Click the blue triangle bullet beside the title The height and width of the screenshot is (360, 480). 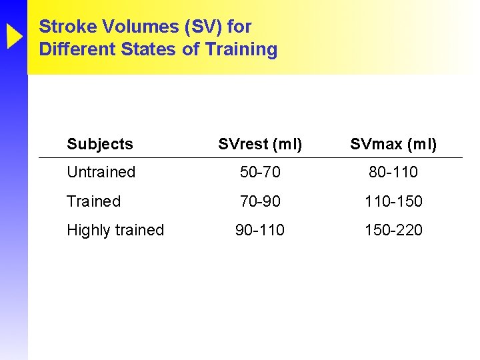point(14,37)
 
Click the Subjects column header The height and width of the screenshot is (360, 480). point(100,144)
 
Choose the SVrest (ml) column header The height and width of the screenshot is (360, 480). point(260,144)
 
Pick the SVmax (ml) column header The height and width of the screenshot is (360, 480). point(393,144)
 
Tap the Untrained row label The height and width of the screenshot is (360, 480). point(101,172)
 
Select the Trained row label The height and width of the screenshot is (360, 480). point(93,201)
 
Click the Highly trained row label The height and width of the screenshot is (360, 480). point(115,230)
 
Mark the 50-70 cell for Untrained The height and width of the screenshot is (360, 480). point(260,172)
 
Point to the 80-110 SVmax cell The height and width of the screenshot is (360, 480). point(393,172)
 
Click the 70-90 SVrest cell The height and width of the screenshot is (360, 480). point(260,201)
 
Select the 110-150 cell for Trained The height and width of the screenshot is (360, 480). point(393,201)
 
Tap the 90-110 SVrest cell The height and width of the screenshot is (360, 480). point(260,230)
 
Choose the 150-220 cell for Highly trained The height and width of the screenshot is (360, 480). point(393,230)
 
